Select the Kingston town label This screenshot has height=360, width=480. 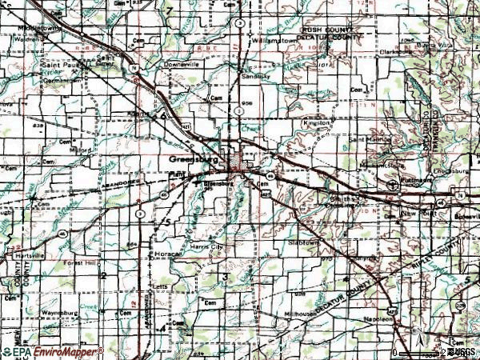(x=317, y=123)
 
